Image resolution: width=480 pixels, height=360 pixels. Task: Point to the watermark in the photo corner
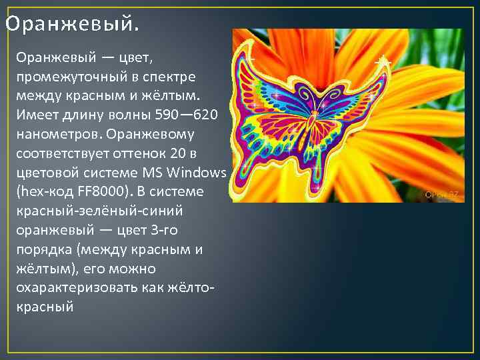[442, 195]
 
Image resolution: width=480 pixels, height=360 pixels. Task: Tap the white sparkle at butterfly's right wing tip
[382, 61]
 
